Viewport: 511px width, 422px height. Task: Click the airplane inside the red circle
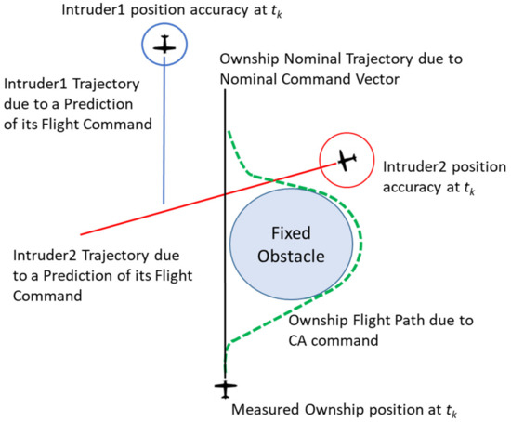click(345, 161)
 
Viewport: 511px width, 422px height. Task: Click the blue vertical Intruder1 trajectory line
click(164, 139)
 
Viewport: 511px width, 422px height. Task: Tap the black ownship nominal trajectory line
click(224, 186)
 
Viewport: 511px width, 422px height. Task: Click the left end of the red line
click(82, 233)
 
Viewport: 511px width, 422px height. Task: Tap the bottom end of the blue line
click(164, 204)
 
